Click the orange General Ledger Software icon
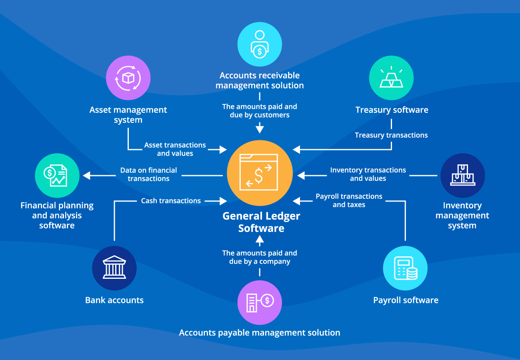point(260,173)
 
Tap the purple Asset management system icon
point(128,78)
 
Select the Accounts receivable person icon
point(260,44)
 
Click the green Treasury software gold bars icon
point(391,78)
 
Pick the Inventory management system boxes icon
point(462,175)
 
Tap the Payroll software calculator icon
point(405,268)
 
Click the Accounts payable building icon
point(260,302)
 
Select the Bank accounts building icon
point(114,268)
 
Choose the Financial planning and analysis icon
point(57,175)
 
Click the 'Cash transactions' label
point(171,201)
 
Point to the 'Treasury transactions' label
point(391,135)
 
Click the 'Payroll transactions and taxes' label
point(349,200)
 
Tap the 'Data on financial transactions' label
point(148,174)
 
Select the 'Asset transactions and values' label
point(175,149)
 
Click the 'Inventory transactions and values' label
point(368,174)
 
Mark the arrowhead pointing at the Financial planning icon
point(86,175)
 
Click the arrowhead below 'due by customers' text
point(260,129)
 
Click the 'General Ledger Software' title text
point(261,222)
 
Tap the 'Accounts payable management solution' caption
point(260,332)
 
